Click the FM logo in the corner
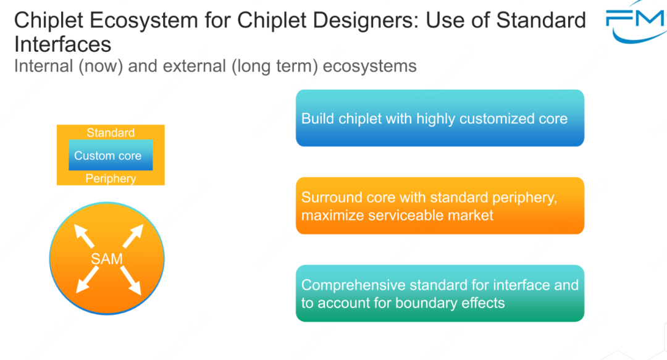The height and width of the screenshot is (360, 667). click(x=636, y=23)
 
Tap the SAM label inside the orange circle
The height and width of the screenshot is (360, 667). click(x=107, y=259)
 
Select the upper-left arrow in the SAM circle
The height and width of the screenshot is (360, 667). click(x=84, y=236)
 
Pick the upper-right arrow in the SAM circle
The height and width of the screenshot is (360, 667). click(x=133, y=236)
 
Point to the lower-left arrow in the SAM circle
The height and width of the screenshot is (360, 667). click(x=87, y=280)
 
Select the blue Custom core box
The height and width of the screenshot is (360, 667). click(x=111, y=156)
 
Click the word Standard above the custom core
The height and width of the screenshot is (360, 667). click(x=111, y=133)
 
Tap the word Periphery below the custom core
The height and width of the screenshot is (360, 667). click(x=111, y=178)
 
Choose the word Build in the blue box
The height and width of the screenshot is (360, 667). click(x=317, y=119)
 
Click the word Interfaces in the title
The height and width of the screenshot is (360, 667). click(x=62, y=44)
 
